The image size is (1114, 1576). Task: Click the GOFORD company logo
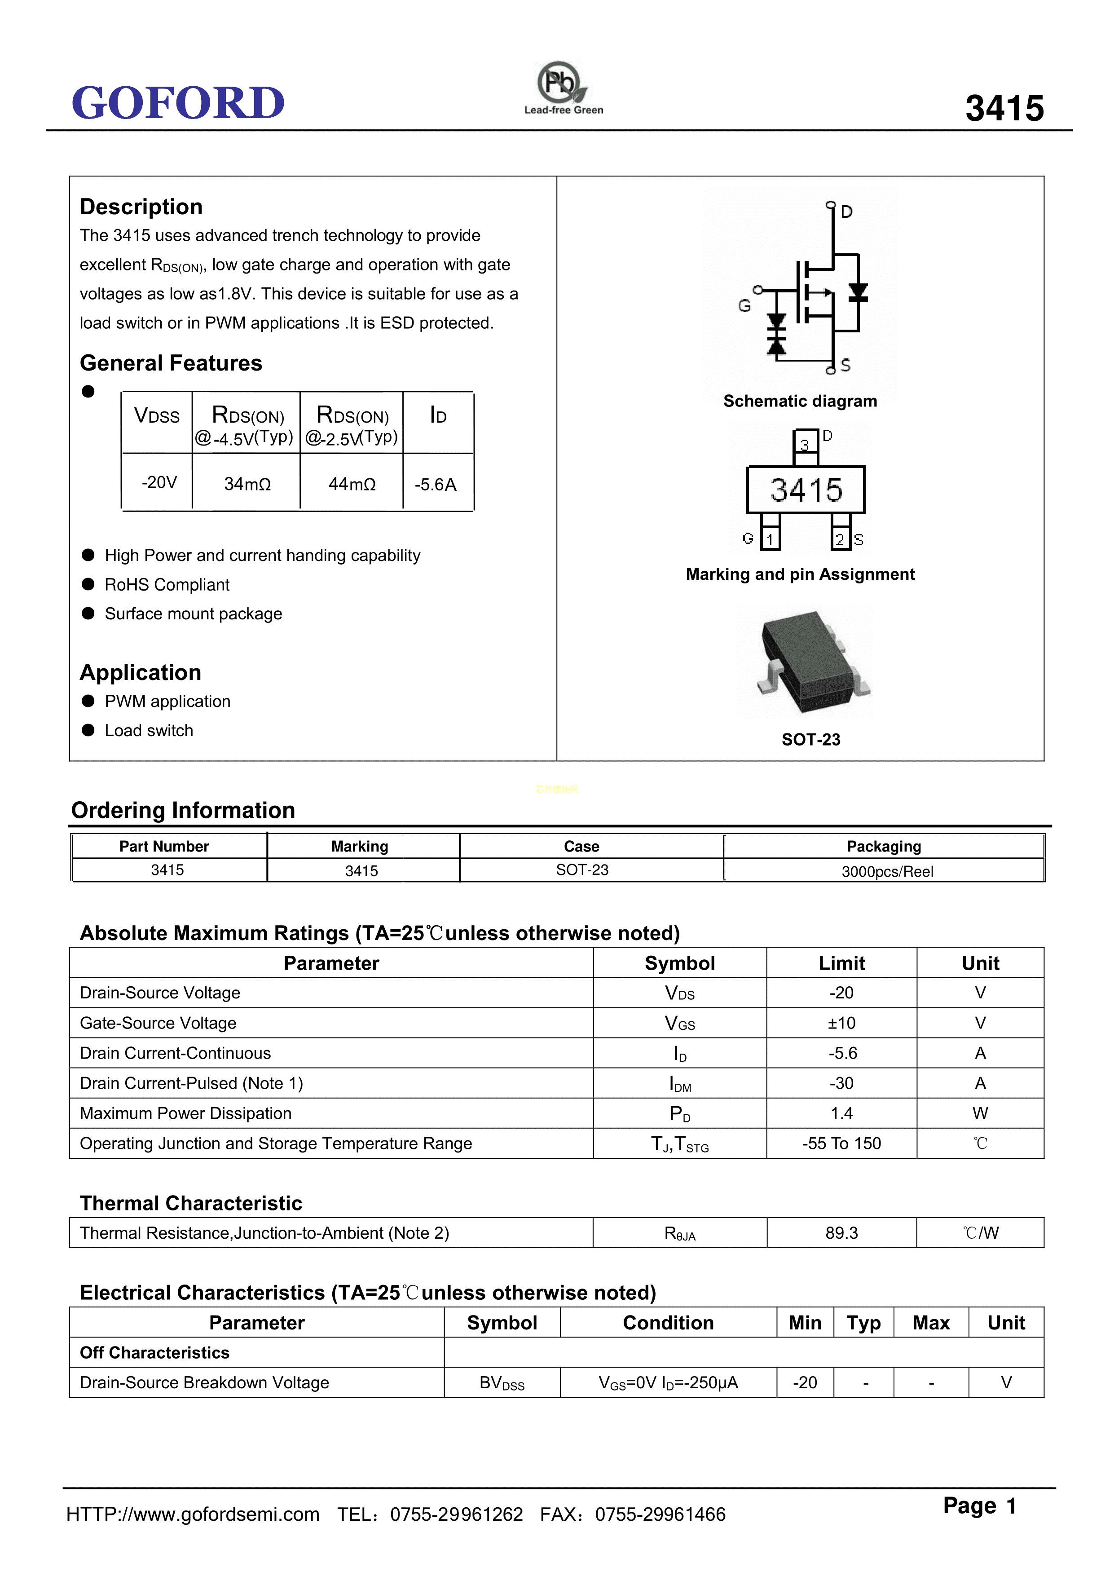pos(178,103)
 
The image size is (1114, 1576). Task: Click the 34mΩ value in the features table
pos(247,484)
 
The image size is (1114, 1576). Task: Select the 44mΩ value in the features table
pos(352,484)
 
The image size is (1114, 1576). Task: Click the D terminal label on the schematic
pos(846,212)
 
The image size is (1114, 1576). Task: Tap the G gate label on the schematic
pos(744,306)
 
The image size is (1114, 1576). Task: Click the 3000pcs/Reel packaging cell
pos(887,871)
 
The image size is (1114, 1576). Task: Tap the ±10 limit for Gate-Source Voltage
pos(841,1023)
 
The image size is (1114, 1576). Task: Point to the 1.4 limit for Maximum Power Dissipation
pos(841,1113)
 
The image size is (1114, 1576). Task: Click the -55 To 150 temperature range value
pos(841,1143)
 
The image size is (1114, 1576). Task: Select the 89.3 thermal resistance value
pos(841,1233)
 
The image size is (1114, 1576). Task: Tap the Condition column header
pos(668,1323)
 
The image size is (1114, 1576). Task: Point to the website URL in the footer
pos(193,1514)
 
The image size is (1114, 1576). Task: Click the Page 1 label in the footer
pos(979,1506)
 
